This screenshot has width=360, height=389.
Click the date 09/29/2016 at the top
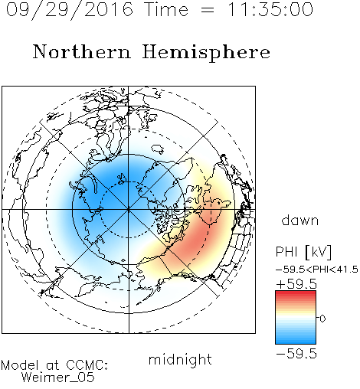pos(70,9)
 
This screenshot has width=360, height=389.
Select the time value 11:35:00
pos(270,9)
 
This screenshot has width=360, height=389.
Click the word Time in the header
pos(166,9)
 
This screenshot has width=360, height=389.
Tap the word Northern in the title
pos(82,51)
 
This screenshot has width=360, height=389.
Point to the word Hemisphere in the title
pos(206,52)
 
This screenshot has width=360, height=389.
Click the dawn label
pos(300,220)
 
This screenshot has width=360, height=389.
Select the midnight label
pos(180,359)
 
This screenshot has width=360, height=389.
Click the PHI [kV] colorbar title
pos(303,252)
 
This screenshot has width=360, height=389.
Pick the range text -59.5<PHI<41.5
pos(317,270)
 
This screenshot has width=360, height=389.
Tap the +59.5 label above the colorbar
pos(296,284)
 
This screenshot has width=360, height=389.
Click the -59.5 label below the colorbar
pos(296,354)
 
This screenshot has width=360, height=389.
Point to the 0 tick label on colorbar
pos(322,319)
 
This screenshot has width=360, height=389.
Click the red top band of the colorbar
pos(296,294)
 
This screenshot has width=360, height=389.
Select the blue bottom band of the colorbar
pos(296,340)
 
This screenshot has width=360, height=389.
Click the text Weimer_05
pos(57,378)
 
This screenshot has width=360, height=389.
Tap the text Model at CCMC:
pos(54,365)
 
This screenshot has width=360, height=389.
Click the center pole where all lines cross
pos(129,210)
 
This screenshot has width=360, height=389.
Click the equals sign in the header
pos(208,10)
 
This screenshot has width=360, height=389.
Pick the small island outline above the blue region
pos(158,149)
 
